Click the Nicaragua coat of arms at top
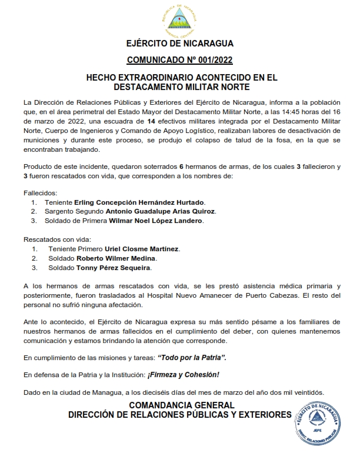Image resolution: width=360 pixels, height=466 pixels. pos(179,20)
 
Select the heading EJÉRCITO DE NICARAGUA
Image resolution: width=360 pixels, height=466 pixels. pos(180,44)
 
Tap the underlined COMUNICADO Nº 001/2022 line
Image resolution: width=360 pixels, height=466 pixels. pos(180,60)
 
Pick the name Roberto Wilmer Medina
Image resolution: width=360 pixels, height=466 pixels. pos(116,258)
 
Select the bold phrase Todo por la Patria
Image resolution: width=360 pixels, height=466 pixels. pos(191,358)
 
